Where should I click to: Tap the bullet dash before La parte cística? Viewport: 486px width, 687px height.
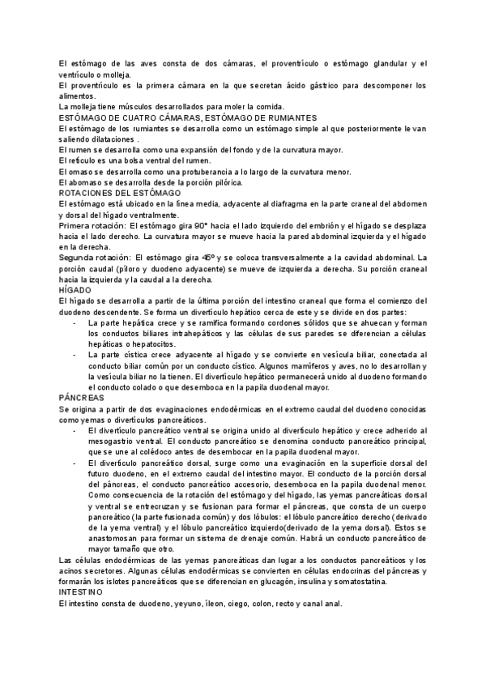[x=75, y=355]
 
